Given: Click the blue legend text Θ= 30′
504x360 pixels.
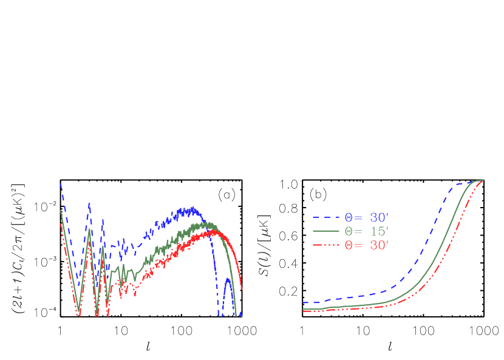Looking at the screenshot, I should coord(366,217).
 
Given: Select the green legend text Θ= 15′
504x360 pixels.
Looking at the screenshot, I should coord(366,231).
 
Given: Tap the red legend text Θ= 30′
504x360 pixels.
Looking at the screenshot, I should coord(366,245).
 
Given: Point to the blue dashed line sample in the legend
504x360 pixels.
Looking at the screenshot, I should coord(326,217).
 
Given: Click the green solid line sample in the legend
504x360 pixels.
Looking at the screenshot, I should coord(326,231).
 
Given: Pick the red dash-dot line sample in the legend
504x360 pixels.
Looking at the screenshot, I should coord(326,245).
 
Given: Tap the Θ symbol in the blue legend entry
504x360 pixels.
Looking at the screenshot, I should coord(349,217).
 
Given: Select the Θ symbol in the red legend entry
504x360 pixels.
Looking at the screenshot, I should coord(349,245).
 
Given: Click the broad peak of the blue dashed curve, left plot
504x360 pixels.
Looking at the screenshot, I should coord(192,210).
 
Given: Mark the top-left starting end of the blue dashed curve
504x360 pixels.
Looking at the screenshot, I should coord(60,184).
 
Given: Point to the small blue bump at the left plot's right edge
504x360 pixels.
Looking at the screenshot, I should coord(228,280).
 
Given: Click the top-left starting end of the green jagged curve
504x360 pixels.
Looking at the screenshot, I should coord(60,211).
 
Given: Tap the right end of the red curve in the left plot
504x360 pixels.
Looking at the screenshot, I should coord(242,288).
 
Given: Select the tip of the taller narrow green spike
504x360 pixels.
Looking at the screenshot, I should coord(89,229).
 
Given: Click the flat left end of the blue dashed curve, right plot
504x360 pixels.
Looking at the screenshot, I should coord(304,302).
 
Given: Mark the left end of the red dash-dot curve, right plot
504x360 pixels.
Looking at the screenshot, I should coord(303,311).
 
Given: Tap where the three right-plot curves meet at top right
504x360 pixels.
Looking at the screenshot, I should coord(482,180).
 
